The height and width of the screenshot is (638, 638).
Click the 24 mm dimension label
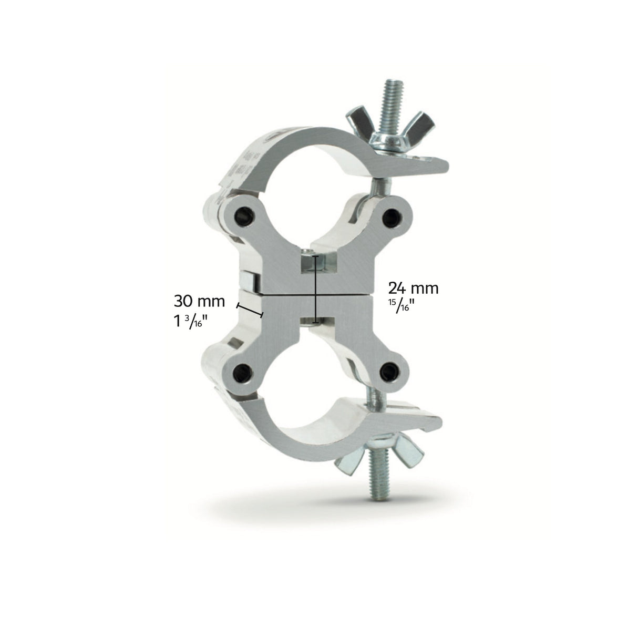(413, 288)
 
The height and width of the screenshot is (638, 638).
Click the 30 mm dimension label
(199, 301)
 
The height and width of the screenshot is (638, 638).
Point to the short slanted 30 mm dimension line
(250, 311)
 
